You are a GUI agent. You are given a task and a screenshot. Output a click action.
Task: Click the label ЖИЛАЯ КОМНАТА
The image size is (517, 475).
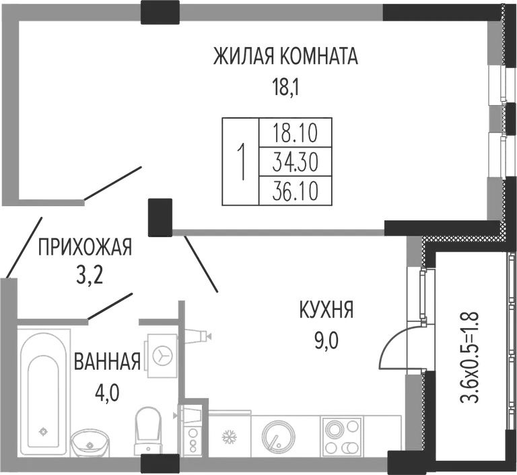coord(285,57)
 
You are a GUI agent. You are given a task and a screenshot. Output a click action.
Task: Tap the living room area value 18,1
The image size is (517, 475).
coord(285,87)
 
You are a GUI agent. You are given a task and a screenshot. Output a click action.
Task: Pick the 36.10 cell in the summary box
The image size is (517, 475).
coord(296,192)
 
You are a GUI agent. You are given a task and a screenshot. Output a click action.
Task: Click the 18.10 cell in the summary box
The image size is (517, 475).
coord(296,133)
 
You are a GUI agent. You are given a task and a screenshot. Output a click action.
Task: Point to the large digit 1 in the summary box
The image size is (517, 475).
coord(242,162)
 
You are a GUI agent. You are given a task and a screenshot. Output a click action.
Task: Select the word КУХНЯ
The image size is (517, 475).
coord(326,310)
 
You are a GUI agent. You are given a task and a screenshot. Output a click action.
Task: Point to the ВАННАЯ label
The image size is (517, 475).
coord(107,361)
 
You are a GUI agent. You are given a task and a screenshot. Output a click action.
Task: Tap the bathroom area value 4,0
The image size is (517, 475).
coord(107,393)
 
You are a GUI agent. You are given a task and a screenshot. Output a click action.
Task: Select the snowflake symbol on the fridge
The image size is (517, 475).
coord(227,438)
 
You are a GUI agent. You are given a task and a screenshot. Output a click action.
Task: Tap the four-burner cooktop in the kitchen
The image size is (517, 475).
coord(341,437)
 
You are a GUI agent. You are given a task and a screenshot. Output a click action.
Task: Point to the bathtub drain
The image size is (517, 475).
coord(42,431)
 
